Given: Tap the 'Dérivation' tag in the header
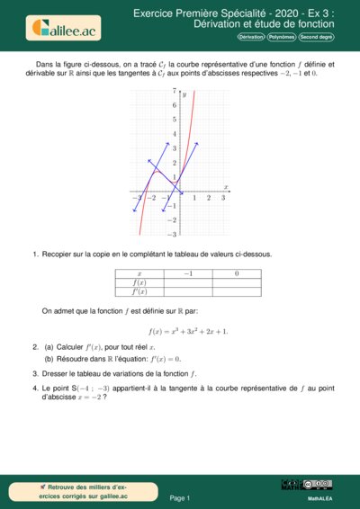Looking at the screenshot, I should [251, 38].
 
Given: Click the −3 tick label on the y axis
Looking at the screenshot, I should [172, 234].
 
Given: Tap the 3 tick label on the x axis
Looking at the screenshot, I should [222, 198].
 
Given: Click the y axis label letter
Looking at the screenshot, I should [183, 94].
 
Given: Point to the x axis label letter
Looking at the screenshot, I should [226, 187].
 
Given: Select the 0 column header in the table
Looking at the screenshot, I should [236, 272].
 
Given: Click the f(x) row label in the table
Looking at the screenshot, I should [139, 281].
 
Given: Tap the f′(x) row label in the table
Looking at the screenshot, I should [139, 291].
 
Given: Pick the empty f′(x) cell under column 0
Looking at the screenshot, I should [236, 291].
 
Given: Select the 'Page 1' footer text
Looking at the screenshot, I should [180, 496].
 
